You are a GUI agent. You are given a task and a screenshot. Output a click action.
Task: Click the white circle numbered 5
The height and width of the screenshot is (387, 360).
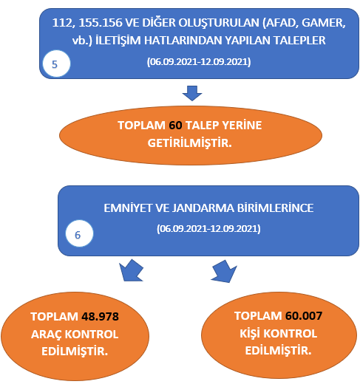click(x=56, y=64)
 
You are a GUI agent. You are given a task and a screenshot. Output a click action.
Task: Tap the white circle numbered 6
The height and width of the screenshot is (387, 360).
click(x=79, y=233)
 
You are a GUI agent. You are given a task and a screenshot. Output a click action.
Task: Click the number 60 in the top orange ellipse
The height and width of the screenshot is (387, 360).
click(x=175, y=125)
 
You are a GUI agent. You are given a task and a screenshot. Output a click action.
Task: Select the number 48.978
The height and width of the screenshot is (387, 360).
click(x=100, y=316)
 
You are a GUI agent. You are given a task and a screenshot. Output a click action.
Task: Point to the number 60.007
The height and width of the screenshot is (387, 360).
click(x=304, y=315)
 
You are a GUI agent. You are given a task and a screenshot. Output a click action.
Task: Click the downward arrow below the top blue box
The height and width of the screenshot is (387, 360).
click(x=192, y=93)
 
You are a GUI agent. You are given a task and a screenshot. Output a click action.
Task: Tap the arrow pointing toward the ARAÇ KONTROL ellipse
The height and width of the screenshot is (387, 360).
click(x=131, y=270)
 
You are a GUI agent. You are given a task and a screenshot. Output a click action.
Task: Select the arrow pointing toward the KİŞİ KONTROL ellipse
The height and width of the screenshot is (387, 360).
click(x=224, y=271)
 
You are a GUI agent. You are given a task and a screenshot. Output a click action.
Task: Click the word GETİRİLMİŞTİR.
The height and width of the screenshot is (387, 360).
click(x=189, y=143)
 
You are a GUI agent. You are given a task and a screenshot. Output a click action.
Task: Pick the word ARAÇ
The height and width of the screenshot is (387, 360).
click(x=47, y=335)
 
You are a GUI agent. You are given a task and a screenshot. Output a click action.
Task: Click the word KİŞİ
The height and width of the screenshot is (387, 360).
click(x=250, y=333)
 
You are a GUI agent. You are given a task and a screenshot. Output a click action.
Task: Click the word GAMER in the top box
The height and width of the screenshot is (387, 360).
click(x=324, y=23)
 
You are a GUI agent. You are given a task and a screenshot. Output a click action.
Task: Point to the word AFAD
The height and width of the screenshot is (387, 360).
click(x=281, y=23)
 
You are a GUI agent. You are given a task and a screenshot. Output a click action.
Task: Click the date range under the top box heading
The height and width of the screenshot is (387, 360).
click(x=199, y=62)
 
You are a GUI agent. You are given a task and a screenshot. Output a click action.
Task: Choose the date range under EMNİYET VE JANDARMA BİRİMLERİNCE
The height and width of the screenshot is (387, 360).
click(x=208, y=228)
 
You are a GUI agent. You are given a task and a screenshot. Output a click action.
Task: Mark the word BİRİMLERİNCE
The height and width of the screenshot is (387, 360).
click(x=276, y=208)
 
